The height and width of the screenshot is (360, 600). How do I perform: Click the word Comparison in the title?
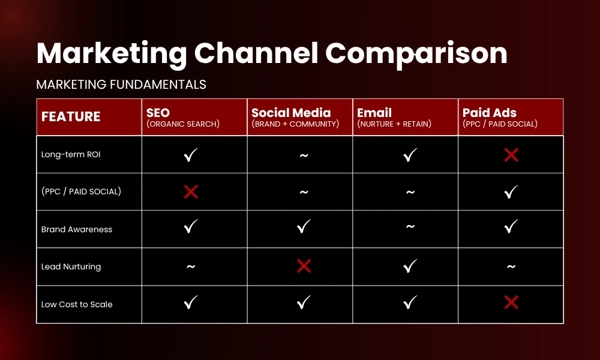click(x=416, y=54)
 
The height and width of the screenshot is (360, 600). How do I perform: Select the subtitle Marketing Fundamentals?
click(x=121, y=85)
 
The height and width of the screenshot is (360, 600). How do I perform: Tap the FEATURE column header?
click(x=71, y=117)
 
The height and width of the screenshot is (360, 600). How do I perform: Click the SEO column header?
click(x=158, y=113)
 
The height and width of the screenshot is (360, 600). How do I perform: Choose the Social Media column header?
click(x=291, y=113)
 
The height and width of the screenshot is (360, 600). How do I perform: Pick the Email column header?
click(x=374, y=113)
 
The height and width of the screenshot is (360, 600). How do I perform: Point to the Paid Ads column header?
click(x=490, y=113)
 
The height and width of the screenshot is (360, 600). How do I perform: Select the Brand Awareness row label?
click(x=77, y=229)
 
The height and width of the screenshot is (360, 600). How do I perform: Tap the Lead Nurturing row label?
click(x=71, y=266)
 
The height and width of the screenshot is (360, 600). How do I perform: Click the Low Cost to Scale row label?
click(x=77, y=304)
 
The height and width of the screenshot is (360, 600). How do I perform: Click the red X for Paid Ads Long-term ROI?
click(x=511, y=155)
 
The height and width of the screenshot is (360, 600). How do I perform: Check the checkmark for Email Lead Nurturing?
click(x=410, y=266)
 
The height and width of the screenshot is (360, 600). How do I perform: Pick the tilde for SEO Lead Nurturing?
click(x=191, y=267)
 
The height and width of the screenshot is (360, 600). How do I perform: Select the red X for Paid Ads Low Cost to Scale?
click(x=511, y=303)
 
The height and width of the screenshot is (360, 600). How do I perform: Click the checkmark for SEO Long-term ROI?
click(x=191, y=155)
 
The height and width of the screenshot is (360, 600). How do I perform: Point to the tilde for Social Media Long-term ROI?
click(x=304, y=155)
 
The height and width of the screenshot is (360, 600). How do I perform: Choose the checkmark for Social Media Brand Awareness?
click(x=304, y=227)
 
